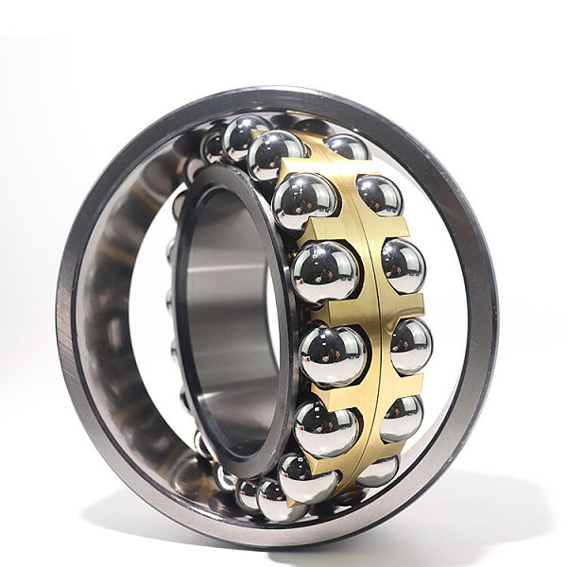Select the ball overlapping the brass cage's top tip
click(x=276, y=154)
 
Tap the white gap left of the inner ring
click(x=151, y=312)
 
